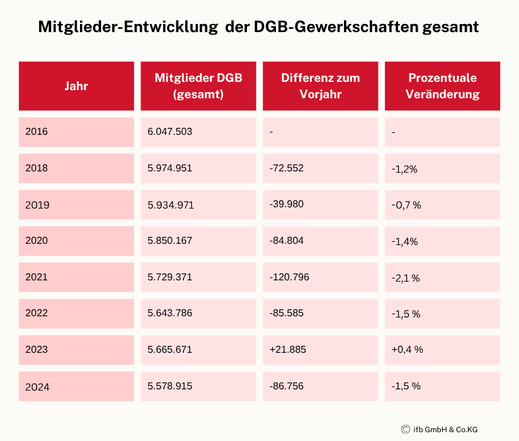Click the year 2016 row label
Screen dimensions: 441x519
[x=37, y=132]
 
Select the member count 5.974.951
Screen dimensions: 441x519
[x=169, y=168]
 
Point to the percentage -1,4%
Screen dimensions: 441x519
[x=404, y=241]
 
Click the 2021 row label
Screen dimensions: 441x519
[x=37, y=277]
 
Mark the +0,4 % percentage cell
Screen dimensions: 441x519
[x=407, y=349]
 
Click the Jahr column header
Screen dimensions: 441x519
[x=76, y=86]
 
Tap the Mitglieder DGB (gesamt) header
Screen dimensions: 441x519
[x=198, y=86]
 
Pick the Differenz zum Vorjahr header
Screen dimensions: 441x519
[x=321, y=86]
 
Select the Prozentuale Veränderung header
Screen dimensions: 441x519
[x=442, y=86]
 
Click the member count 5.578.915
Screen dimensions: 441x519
[x=169, y=386]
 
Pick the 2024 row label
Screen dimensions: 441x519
[x=37, y=387]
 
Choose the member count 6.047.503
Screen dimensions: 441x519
[x=169, y=132]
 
